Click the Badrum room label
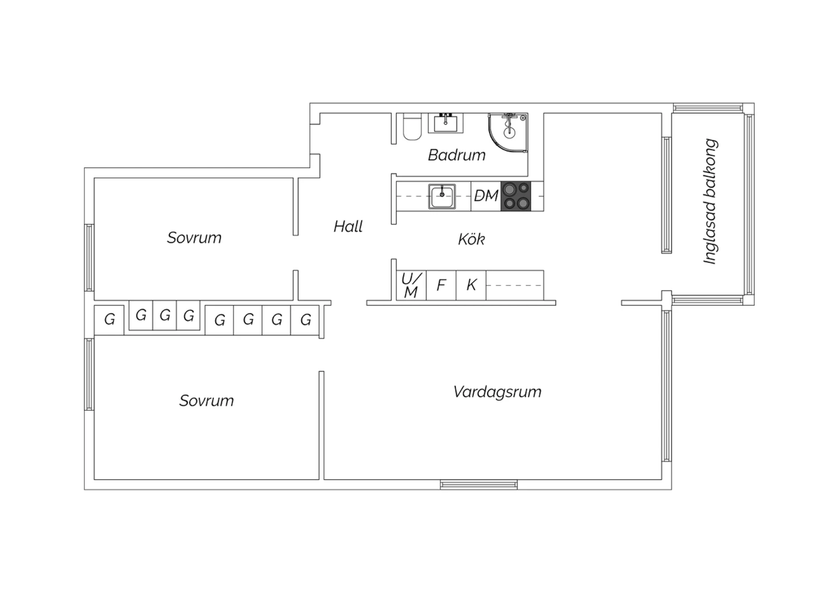(x=456, y=155)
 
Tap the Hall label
(x=348, y=227)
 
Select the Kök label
(x=472, y=239)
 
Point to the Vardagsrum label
(x=497, y=392)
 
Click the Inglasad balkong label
(x=710, y=202)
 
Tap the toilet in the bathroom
(x=412, y=127)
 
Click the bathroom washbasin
(x=446, y=123)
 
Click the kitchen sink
(x=442, y=196)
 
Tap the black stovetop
(x=516, y=196)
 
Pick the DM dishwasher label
(x=486, y=195)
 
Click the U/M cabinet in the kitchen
(x=411, y=285)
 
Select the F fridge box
(x=441, y=285)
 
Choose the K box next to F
(x=471, y=285)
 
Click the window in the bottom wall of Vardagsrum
(x=479, y=485)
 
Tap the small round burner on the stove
(x=524, y=187)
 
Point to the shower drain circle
(x=509, y=132)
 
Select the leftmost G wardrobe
(x=109, y=320)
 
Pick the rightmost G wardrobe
(x=305, y=320)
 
